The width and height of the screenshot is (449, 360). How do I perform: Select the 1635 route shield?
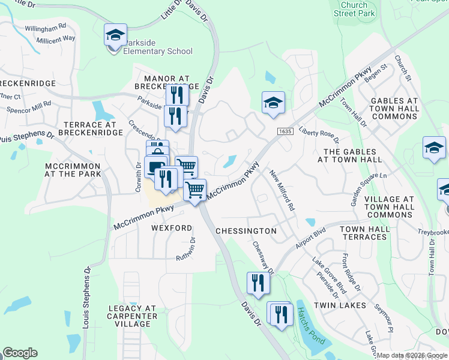click(x=285, y=131)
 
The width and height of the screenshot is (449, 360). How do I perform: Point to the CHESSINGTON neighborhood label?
click(x=246, y=231)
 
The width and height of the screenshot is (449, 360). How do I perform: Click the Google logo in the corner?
click(x=20, y=353)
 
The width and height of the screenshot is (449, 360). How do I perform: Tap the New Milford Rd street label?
click(x=282, y=190)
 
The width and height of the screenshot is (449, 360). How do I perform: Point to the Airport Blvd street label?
click(x=310, y=238)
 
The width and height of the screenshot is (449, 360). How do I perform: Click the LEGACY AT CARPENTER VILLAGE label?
click(x=132, y=316)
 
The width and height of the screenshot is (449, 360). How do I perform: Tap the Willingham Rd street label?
click(x=46, y=28)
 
